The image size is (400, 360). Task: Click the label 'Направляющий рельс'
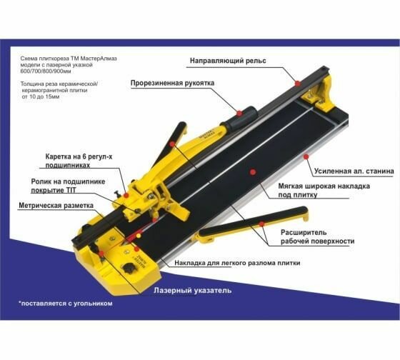pos(228,61)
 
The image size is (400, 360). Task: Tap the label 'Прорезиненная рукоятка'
pos(172,83)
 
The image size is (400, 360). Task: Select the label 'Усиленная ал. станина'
pos(354,171)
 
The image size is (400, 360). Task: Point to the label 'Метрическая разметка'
pos(56,206)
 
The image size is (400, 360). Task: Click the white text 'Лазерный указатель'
pos(193,290)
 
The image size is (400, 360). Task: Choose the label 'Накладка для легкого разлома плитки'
pos(237,263)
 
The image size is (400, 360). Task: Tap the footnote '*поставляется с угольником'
pos(66,304)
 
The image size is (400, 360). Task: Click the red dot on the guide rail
pos(297,83)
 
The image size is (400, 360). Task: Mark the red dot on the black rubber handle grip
pos(239,113)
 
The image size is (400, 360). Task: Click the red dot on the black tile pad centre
pos(253,172)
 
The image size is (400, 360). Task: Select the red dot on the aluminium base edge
pos(306,156)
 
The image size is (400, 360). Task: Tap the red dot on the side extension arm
pos(261,224)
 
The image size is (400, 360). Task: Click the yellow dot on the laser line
pos(139,236)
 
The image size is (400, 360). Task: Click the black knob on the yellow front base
pos(128,269)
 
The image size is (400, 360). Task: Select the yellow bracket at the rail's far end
pos(319,94)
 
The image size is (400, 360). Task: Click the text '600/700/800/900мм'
pos(46,71)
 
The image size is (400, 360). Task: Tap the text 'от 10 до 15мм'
pos(41,96)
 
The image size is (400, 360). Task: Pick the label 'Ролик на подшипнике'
pos(68,181)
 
